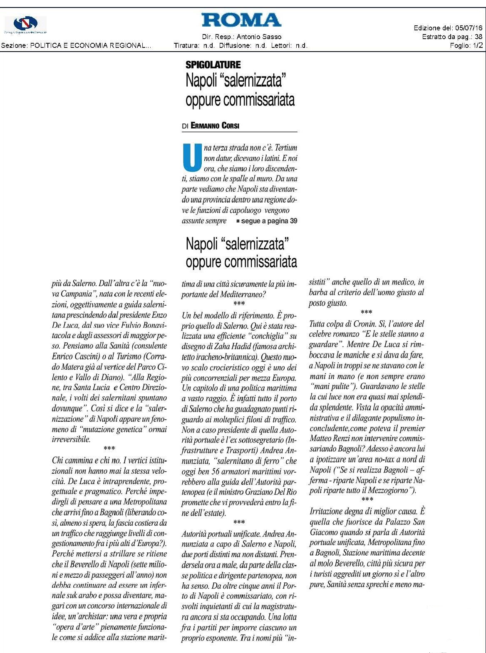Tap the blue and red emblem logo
tap(25, 24)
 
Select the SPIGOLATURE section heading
tap(213, 65)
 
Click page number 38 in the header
tap(479, 37)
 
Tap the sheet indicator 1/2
tap(478, 45)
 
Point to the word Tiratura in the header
tap(186, 45)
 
